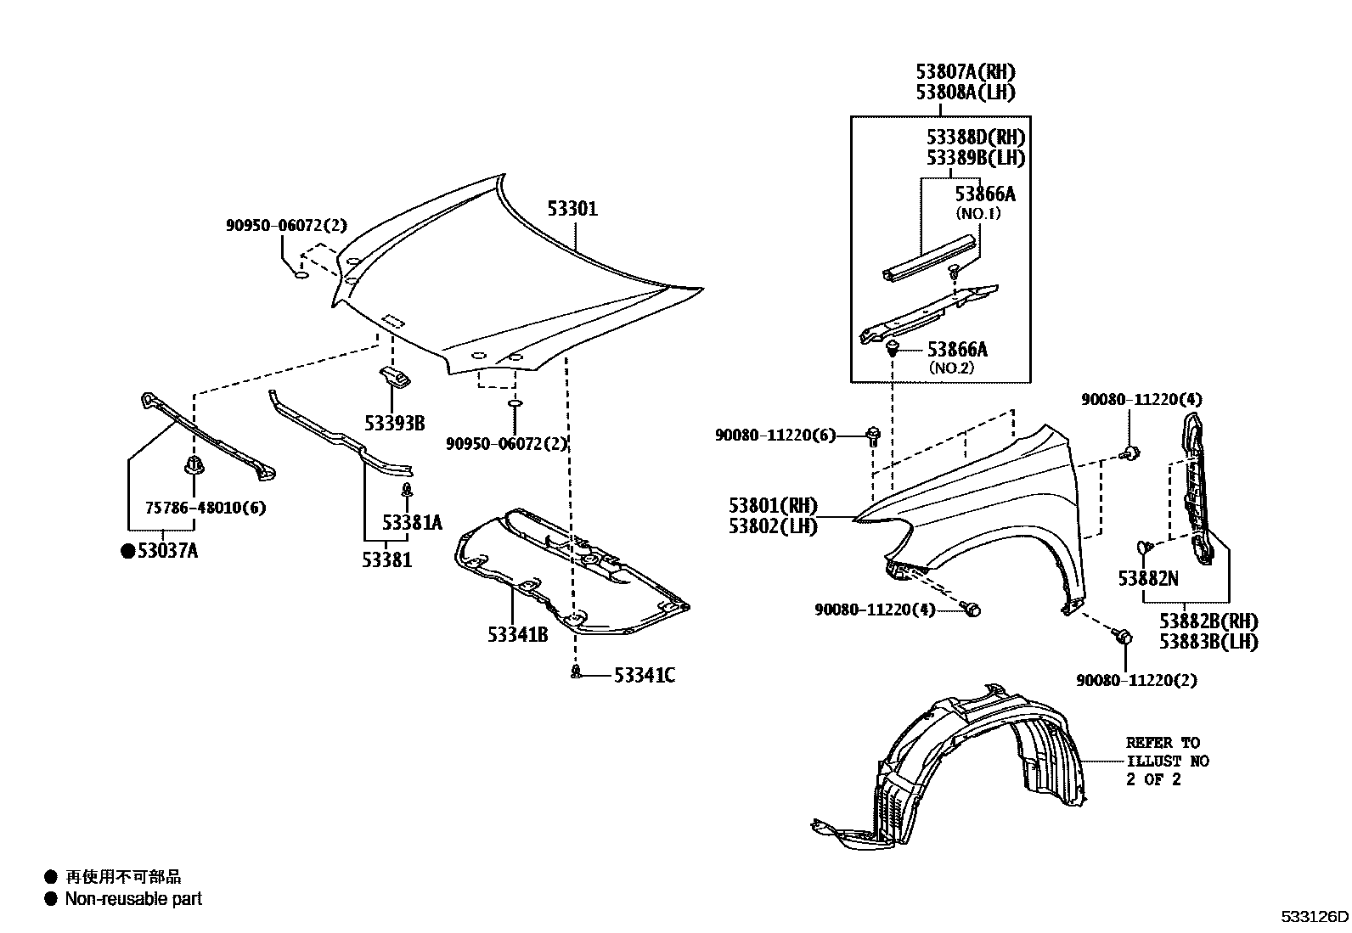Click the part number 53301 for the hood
tap(572, 208)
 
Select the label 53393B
tap(395, 423)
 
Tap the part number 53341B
tap(517, 634)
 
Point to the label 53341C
tap(645, 676)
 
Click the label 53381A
tap(412, 523)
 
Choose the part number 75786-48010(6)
tap(206, 508)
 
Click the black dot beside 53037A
tap(127, 552)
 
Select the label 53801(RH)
tap(772, 506)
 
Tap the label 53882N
tap(1148, 578)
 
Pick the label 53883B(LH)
tap(1208, 642)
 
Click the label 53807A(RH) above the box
tap(965, 72)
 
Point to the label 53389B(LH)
tap(975, 158)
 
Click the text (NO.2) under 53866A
tap(951, 368)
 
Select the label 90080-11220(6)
tap(775, 436)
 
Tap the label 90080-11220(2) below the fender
tap(1136, 680)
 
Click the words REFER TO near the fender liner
tap(1163, 742)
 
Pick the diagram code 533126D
tap(1315, 917)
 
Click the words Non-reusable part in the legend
tap(133, 898)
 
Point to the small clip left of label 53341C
tap(577, 673)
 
